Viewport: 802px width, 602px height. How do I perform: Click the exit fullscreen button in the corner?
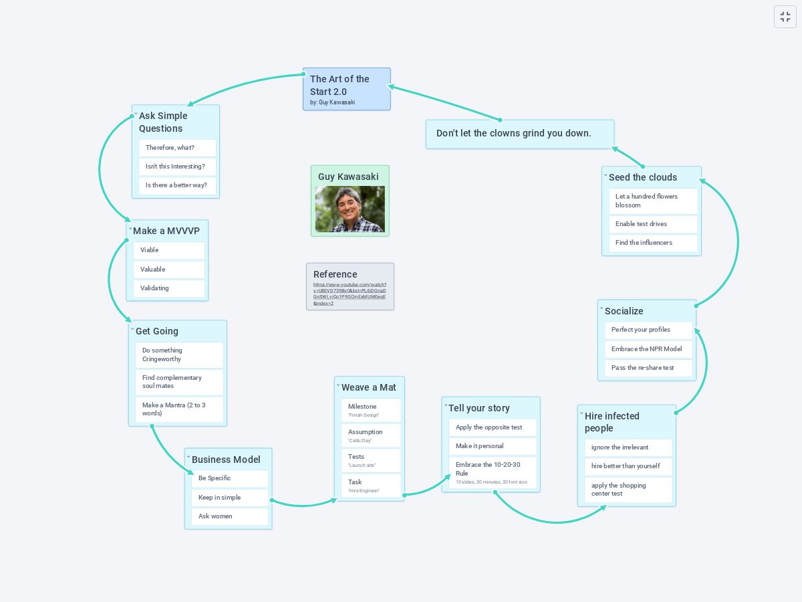click(785, 17)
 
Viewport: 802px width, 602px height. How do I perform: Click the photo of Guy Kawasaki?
click(350, 209)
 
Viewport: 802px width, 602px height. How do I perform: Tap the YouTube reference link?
click(350, 294)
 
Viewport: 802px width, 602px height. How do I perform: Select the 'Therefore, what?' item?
click(177, 148)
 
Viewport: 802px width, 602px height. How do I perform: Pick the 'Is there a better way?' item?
click(177, 185)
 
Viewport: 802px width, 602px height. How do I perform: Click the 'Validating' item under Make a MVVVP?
click(168, 288)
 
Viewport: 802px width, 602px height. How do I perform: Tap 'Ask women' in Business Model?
click(227, 516)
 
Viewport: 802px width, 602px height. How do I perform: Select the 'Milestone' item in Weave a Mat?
click(370, 410)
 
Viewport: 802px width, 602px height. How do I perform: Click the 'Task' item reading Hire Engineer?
click(370, 486)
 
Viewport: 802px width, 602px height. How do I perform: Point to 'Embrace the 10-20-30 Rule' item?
click(492, 472)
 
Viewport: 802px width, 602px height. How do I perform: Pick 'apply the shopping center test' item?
click(628, 490)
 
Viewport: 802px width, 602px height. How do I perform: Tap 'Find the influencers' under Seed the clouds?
click(653, 243)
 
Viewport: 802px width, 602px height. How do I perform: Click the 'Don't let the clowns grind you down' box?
click(519, 134)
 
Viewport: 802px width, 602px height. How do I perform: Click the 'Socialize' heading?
click(624, 311)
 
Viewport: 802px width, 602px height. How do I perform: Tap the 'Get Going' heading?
click(157, 331)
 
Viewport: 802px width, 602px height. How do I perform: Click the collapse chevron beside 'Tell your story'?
click(446, 405)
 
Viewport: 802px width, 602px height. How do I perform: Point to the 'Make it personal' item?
click(492, 446)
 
